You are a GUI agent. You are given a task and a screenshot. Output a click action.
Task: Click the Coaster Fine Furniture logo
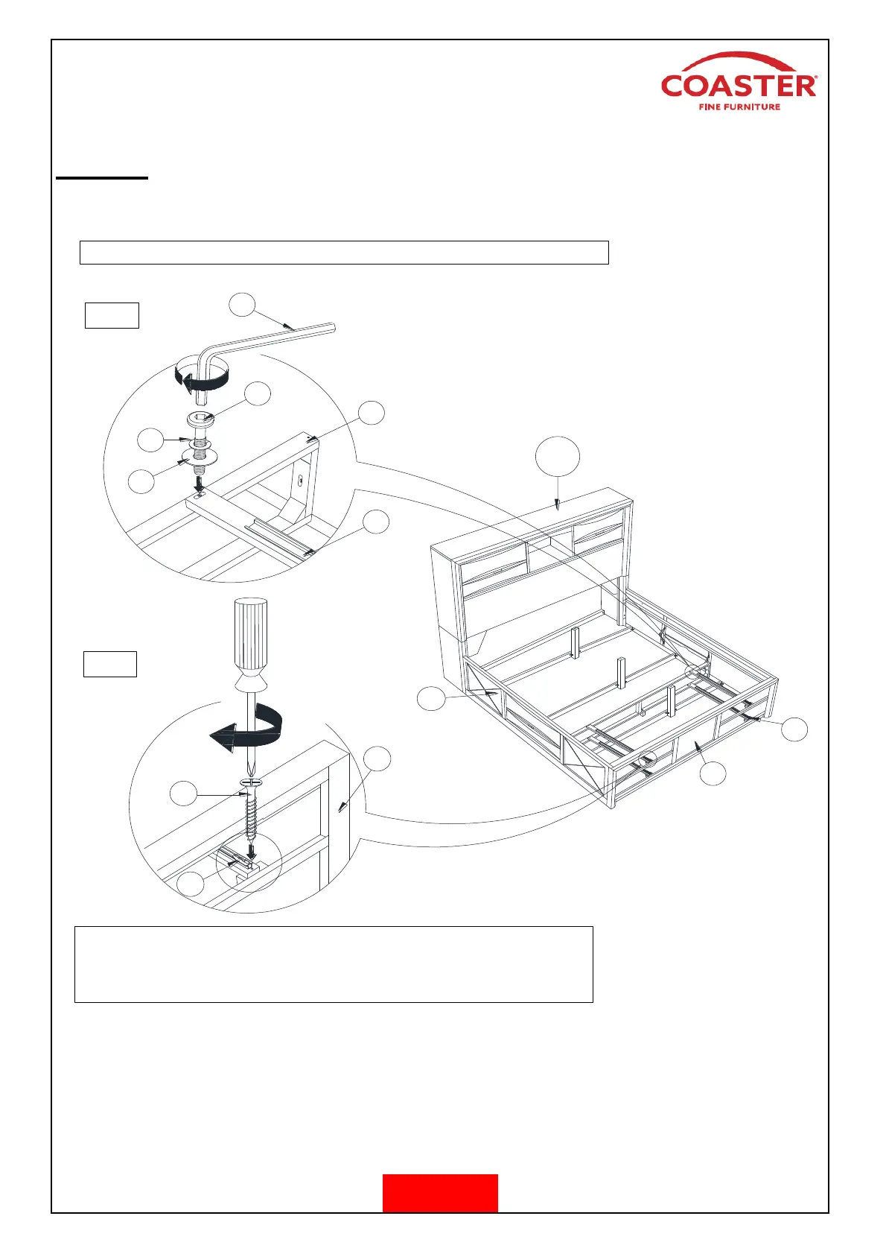pos(739,83)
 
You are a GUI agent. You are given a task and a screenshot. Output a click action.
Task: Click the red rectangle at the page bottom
pos(440,1193)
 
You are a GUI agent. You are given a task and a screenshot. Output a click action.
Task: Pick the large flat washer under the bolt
pos(200,455)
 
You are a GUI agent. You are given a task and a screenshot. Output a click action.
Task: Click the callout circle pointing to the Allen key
pos(242,304)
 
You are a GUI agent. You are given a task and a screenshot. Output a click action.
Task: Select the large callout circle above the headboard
pos(558,456)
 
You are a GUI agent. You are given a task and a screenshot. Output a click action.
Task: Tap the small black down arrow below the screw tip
pos(252,850)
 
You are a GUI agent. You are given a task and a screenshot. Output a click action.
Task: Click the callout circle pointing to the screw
pos(183,794)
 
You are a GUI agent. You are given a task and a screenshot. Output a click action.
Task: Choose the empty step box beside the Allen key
pos(112,315)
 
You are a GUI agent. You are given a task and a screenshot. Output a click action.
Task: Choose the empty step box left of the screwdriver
pos(109,663)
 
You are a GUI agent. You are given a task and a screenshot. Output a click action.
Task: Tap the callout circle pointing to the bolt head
pos(258,394)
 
